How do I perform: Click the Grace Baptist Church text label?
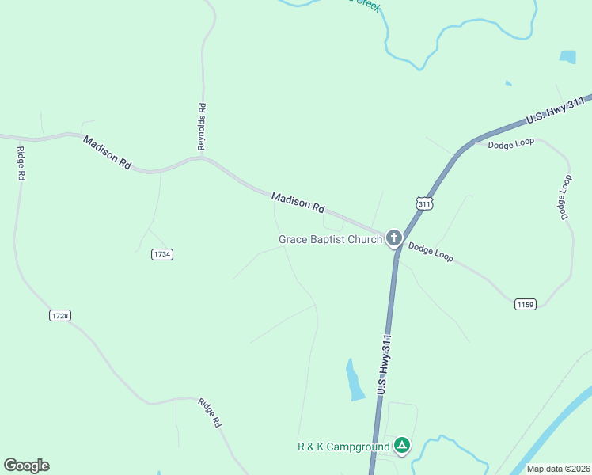coord(330,239)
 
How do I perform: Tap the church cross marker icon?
coord(394,238)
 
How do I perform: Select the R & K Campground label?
coord(343,446)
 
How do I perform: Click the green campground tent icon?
coord(403,446)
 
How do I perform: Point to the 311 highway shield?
coord(425,203)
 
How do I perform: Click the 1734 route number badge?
coord(161,254)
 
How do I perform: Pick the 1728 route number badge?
coord(60,315)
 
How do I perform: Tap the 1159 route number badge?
coord(526,304)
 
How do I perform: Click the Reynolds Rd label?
coord(203,127)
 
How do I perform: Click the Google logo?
coord(26,465)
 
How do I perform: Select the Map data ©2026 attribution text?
coord(559,469)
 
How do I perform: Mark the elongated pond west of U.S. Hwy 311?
coord(354,379)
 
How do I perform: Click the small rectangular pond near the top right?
coord(567,56)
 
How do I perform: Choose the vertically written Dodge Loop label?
coord(564,197)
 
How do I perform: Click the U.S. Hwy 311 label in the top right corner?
coord(556,110)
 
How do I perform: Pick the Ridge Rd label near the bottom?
coord(210,412)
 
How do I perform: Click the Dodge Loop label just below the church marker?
coord(431,253)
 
